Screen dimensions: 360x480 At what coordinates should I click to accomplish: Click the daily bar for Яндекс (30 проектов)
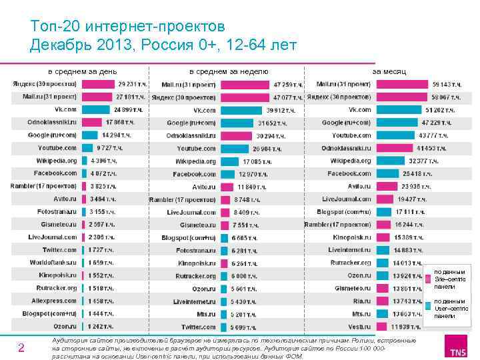click(x=99, y=85)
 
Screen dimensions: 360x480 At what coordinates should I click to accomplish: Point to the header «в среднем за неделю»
click(x=229, y=71)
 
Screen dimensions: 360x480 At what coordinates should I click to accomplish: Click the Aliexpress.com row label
click(x=52, y=301)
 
